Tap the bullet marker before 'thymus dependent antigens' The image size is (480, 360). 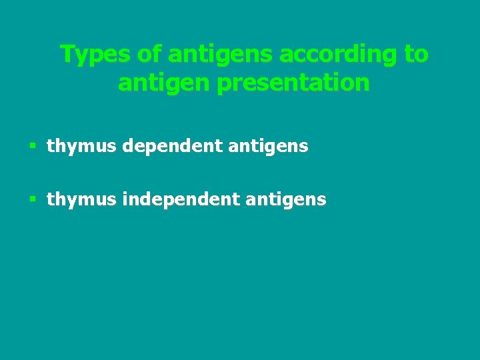pos(33,146)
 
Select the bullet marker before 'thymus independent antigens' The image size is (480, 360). pos(33,199)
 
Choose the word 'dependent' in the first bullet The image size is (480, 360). pos(172,146)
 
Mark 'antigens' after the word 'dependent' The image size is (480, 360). pos(268,146)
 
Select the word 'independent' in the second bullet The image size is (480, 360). pos(181,199)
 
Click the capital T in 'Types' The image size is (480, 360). pos(66,54)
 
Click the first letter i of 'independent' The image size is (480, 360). pos(125,198)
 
